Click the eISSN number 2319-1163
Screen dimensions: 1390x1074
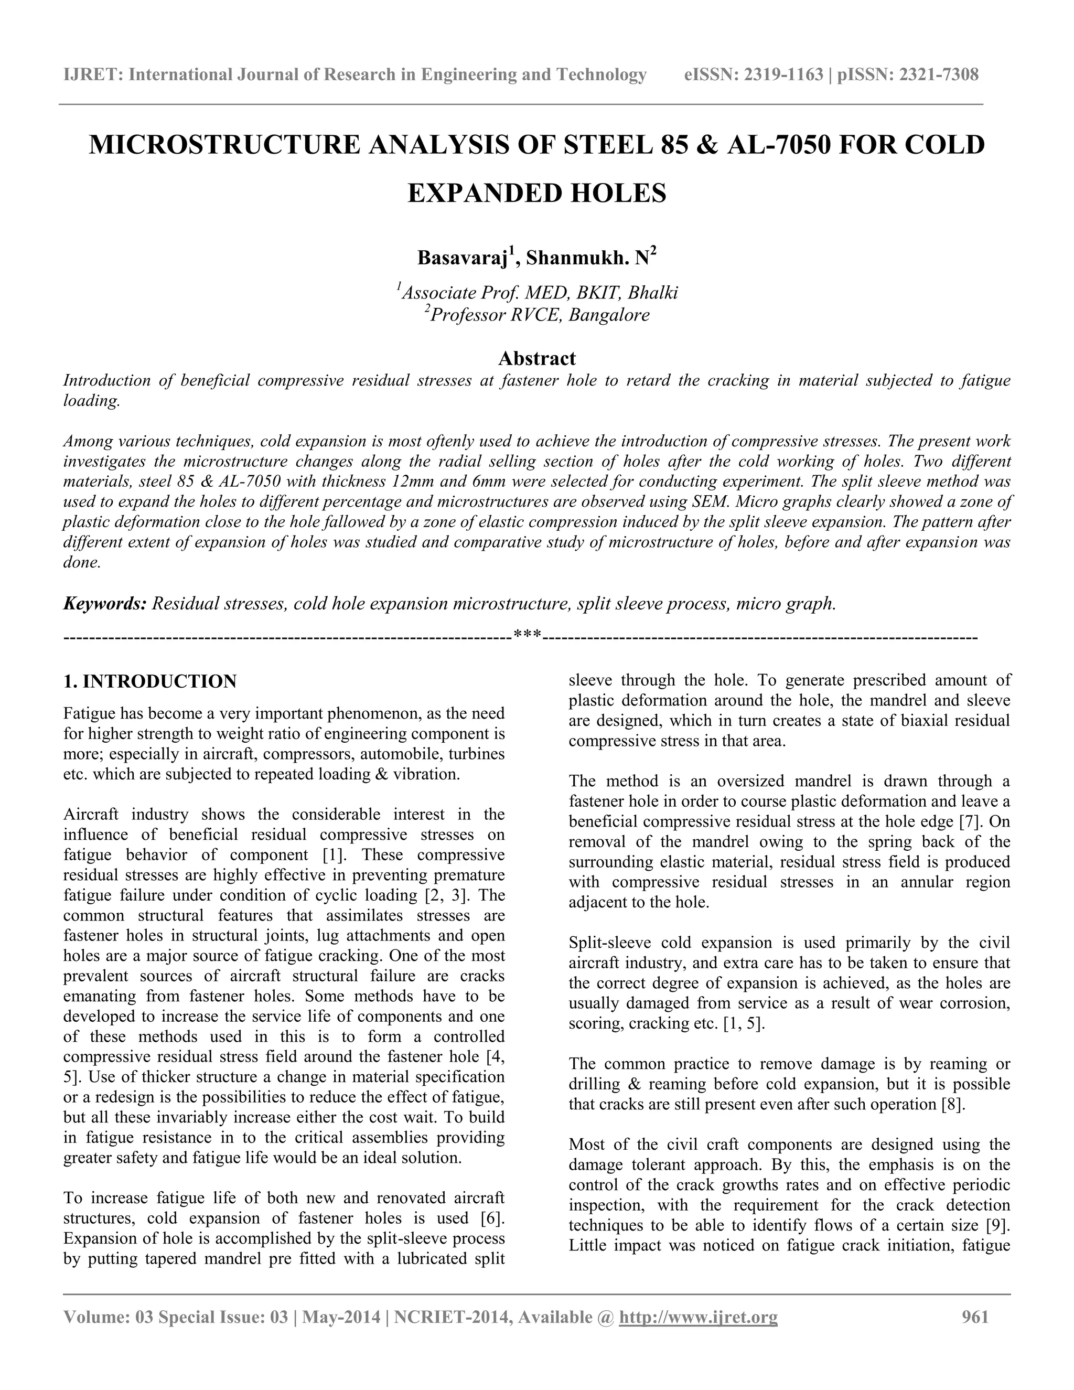(783, 75)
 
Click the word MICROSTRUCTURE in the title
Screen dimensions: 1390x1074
(224, 145)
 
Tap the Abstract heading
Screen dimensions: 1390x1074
(537, 358)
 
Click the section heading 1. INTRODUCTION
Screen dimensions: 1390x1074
(150, 682)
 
